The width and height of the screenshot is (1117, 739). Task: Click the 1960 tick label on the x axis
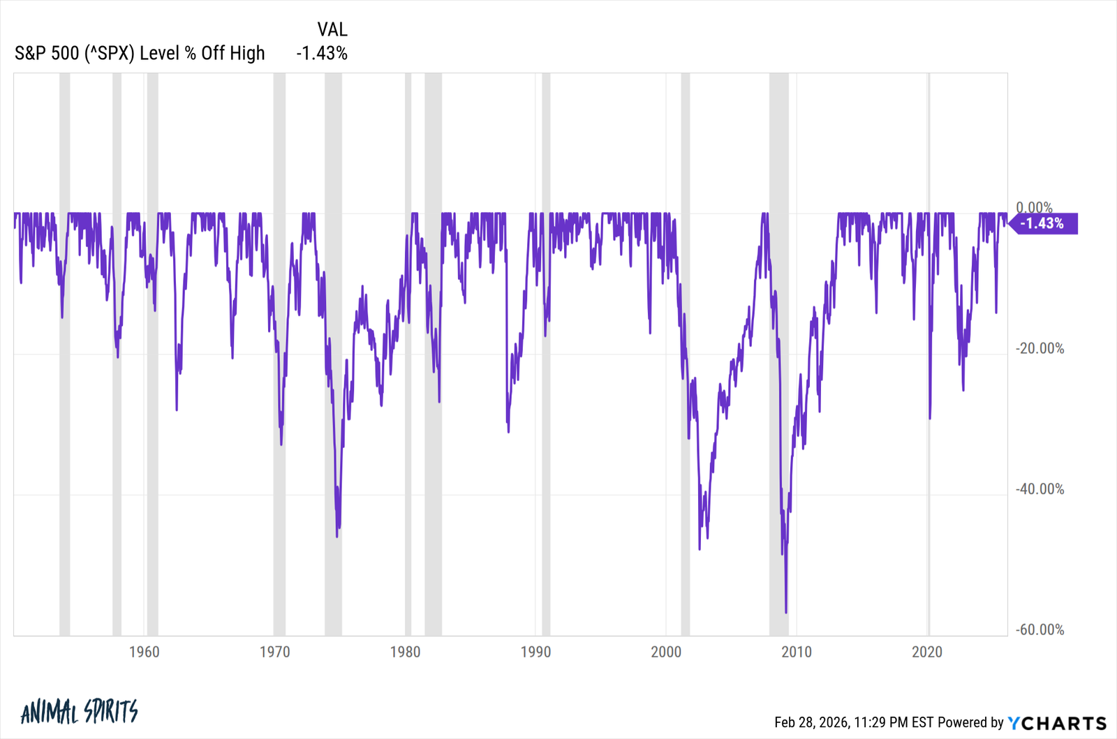coord(144,652)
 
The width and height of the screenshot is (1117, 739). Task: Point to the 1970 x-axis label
coord(274,652)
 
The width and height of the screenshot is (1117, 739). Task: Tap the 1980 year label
coord(405,652)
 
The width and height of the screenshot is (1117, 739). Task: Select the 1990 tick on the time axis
coord(535,652)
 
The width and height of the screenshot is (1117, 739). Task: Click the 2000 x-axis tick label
coord(666,652)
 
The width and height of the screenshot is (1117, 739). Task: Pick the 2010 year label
coord(797,652)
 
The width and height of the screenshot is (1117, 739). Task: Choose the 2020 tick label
coord(927,652)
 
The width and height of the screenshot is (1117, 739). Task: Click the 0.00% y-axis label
coord(1034,207)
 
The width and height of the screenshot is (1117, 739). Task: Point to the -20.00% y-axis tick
coord(1040,348)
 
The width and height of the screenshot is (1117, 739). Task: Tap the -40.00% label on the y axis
coord(1040,489)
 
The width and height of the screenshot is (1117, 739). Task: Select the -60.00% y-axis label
coord(1040,629)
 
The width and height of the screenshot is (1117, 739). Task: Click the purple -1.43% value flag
coord(1043,223)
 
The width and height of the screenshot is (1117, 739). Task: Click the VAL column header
coord(332,29)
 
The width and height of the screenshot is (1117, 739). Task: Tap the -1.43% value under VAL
coord(322,53)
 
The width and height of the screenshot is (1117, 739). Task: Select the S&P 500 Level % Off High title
coord(140,53)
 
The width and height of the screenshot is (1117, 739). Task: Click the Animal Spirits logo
coord(80,712)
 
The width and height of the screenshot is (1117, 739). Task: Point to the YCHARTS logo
coord(1058,723)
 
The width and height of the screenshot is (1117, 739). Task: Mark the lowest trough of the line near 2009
coord(786,612)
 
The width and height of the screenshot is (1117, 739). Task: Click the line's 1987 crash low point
coord(508,431)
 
